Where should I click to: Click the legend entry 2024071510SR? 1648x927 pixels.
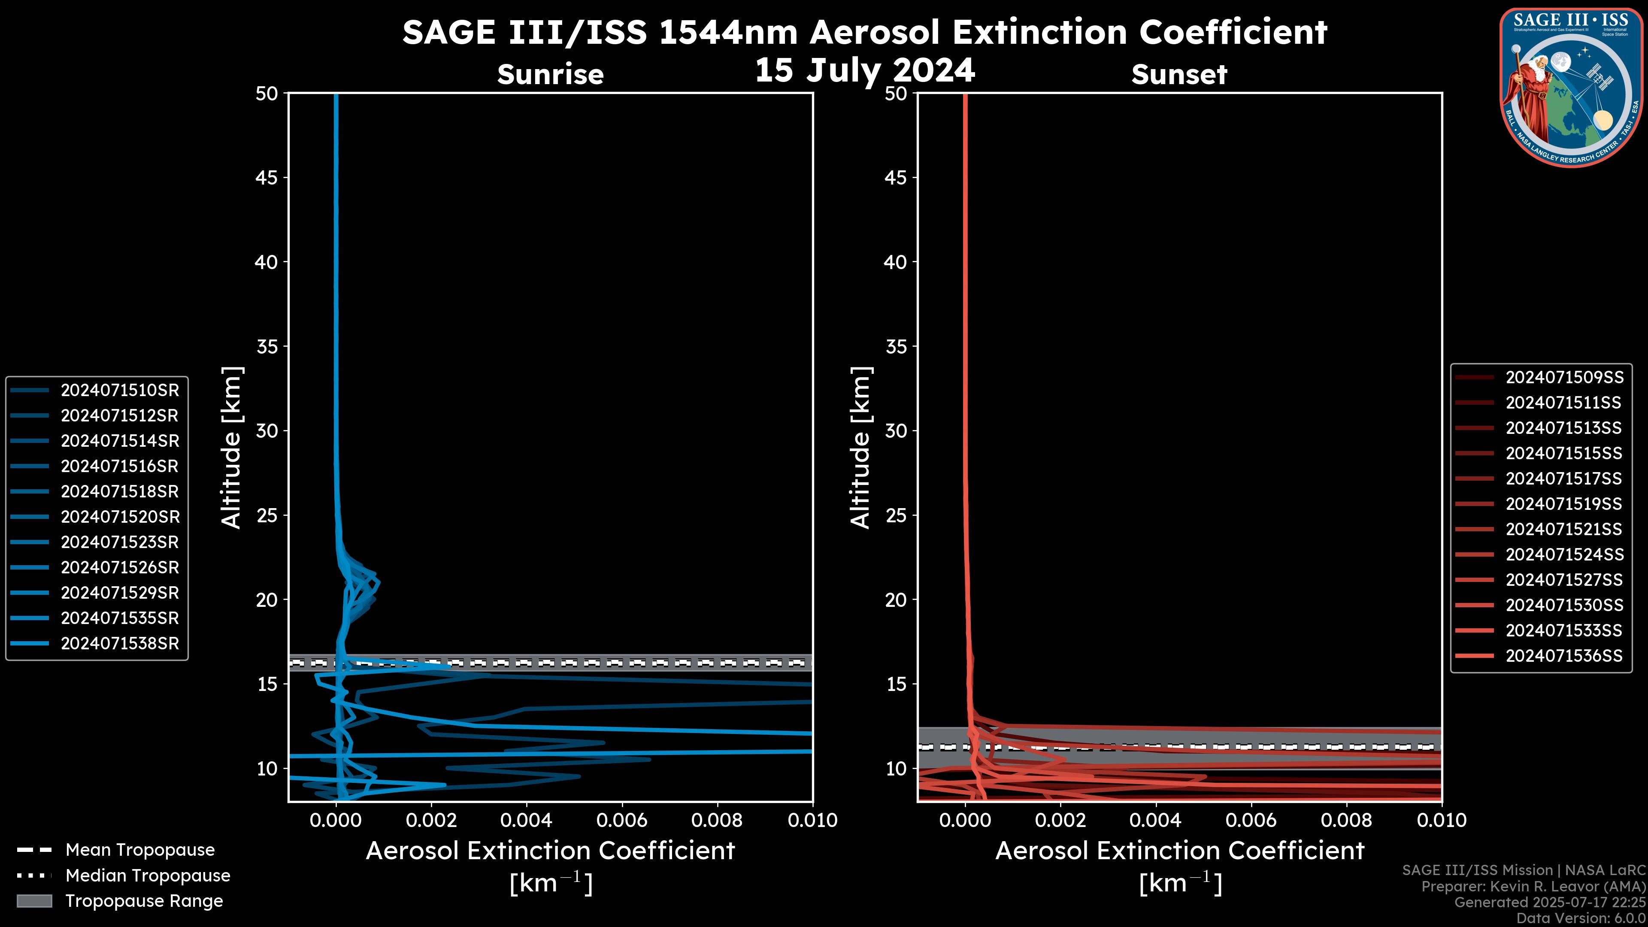coord(120,390)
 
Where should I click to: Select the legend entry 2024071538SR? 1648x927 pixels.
coord(120,644)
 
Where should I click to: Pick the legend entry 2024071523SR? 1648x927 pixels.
coord(120,542)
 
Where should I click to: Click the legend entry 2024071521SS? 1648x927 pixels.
coord(1563,529)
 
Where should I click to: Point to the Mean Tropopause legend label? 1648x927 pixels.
coord(140,850)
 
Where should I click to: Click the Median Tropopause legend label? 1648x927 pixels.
coord(148,875)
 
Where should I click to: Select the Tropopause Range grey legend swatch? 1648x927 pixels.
coord(34,901)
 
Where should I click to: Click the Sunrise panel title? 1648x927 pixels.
coord(550,75)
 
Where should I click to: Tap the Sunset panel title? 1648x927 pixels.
coord(1179,75)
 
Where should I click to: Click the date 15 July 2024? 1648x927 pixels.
coord(865,70)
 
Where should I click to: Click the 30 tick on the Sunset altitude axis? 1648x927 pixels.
coord(896,430)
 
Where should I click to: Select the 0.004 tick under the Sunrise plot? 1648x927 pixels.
coord(526,820)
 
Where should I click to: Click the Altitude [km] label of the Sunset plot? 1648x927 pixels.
coord(861,448)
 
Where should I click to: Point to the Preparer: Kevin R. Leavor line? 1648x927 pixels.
coord(1533,887)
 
